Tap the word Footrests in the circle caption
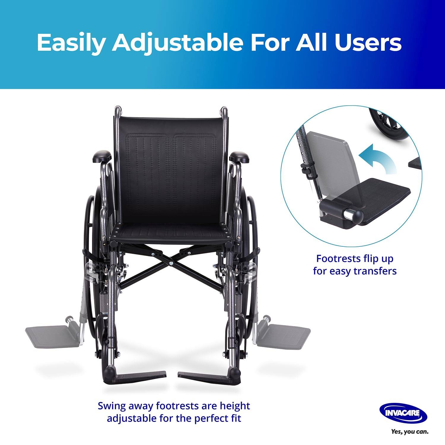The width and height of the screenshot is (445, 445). (335, 258)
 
